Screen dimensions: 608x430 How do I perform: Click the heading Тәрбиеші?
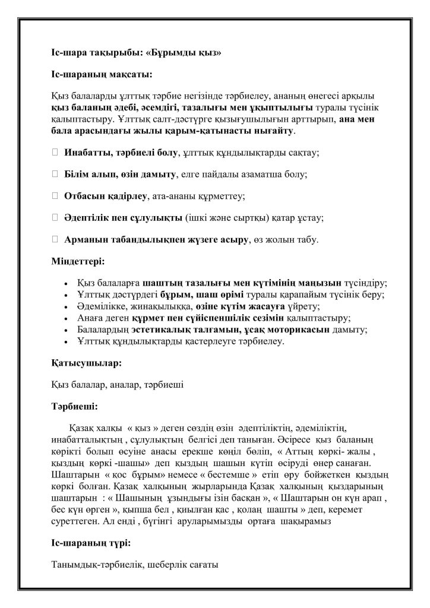click(x=75, y=407)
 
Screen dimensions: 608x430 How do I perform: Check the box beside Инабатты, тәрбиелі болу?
click(x=55, y=153)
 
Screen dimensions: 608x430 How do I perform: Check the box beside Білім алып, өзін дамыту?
click(x=55, y=174)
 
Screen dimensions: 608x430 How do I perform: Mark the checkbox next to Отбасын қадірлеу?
click(x=55, y=195)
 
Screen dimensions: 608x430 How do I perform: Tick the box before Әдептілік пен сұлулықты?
click(x=55, y=217)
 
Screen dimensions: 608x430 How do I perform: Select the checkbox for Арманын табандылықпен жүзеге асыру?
click(x=55, y=239)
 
